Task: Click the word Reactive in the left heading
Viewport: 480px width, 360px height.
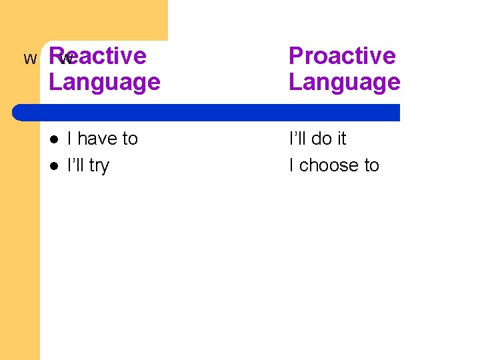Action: point(98,56)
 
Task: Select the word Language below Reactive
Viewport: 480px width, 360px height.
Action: point(105,83)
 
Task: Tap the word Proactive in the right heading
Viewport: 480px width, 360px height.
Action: point(342,56)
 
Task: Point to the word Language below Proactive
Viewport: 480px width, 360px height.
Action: point(344,83)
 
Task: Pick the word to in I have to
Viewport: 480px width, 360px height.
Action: point(129,139)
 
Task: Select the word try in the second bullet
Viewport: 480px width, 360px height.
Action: point(98,166)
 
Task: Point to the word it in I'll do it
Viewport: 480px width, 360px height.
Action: point(341,139)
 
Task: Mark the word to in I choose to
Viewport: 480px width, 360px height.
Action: point(371,165)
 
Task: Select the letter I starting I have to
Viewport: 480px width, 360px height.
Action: point(69,139)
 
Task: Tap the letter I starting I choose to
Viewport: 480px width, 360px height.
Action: point(291,165)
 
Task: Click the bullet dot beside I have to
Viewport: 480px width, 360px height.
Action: point(54,139)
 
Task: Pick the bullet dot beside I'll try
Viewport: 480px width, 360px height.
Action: point(54,166)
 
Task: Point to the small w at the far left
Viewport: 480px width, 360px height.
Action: point(30,59)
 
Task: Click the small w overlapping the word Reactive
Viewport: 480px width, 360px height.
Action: point(65,59)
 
